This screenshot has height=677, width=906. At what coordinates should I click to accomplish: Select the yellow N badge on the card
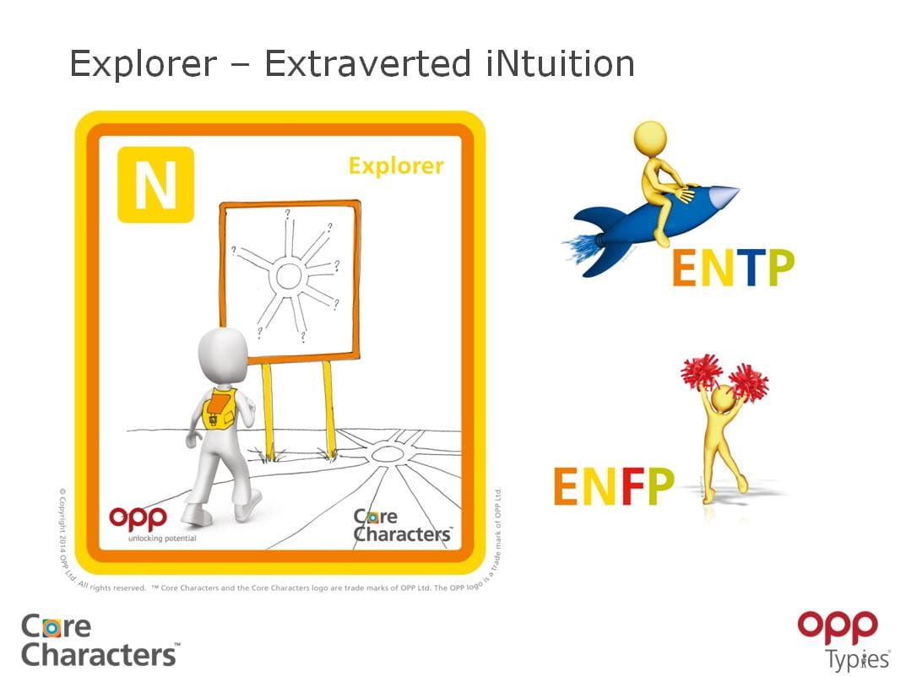point(156,185)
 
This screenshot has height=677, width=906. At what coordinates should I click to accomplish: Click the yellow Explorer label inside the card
point(396,165)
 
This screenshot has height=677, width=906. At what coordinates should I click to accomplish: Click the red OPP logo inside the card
point(138,517)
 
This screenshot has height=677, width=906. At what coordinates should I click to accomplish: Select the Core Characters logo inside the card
point(401,525)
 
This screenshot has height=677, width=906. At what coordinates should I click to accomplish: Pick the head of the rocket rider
point(650,137)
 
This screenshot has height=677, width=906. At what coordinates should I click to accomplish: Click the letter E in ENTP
point(686,268)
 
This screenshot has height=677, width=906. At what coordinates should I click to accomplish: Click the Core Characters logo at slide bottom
point(99,640)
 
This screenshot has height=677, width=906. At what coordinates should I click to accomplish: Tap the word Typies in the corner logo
point(857,658)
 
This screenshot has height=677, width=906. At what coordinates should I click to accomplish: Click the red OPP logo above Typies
point(838,628)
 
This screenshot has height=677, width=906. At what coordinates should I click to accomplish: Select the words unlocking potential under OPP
point(161,538)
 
